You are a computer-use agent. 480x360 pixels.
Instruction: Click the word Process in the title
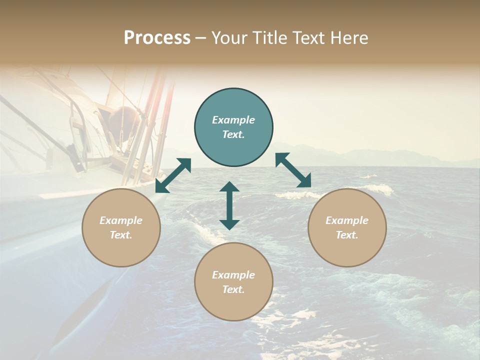point(157,38)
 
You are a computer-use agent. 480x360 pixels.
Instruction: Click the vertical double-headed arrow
point(229,205)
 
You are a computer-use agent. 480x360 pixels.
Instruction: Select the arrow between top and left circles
point(173,175)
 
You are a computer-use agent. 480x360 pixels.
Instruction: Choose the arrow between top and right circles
point(293,170)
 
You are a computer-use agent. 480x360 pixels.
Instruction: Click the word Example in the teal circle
point(233,120)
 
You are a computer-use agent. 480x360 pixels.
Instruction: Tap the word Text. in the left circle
point(121,235)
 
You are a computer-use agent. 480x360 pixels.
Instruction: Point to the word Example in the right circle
point(347,220)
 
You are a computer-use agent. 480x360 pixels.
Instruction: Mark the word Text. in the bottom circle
point(233,289)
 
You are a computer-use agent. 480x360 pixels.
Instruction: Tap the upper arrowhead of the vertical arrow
point(229,187)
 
